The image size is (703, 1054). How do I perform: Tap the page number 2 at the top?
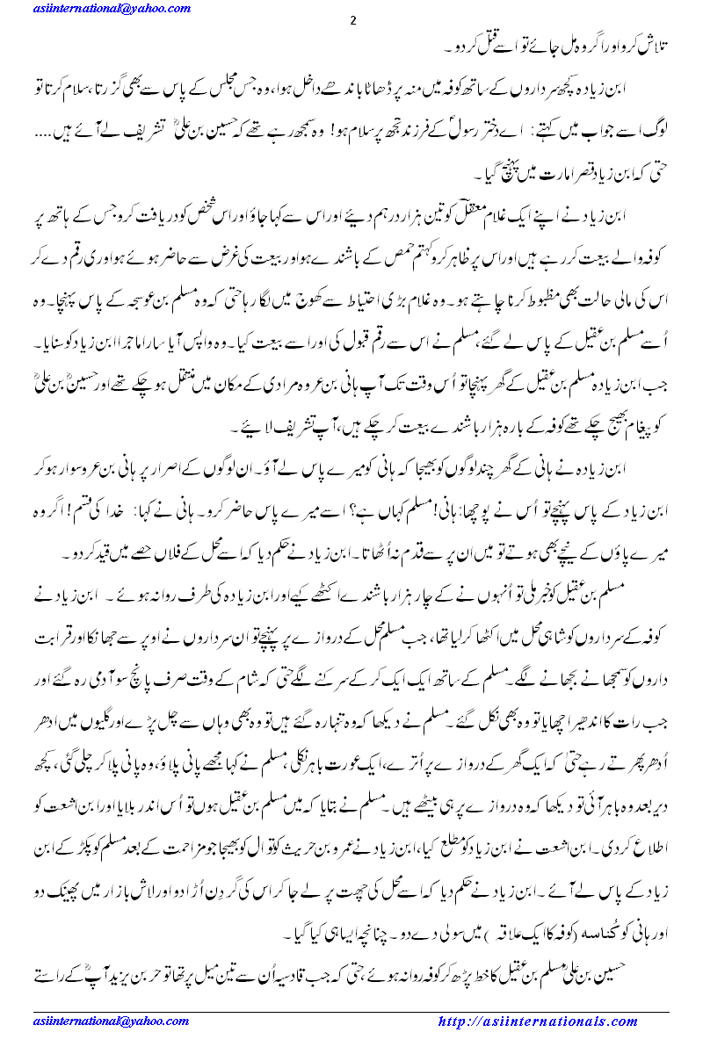[x=352, y=22]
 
